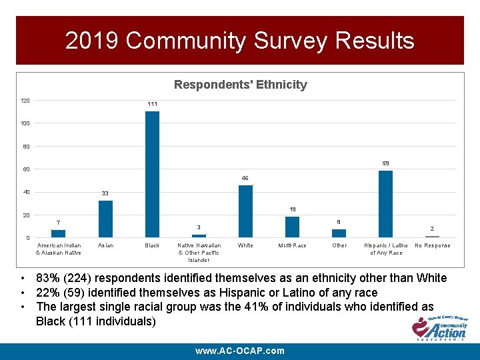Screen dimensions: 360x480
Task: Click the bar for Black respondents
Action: [x=152, y=173]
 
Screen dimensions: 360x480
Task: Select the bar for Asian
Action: [x=105, y=219]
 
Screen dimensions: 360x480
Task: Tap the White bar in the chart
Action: [x=245, y=211]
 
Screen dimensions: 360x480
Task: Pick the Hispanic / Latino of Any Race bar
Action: [x=385, y=203]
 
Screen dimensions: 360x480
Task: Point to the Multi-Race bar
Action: [x=292, y=227]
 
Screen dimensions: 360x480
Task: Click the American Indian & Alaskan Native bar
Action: [x=59, y=233]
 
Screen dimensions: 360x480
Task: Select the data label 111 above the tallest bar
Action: [x=152, y=105]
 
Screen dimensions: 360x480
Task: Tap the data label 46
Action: [x=245, y=179]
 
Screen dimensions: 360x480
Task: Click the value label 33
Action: [x=105, y=193]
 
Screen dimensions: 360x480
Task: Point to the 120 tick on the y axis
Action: [x=24, y=101]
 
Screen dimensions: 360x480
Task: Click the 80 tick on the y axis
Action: [x=24, y=147]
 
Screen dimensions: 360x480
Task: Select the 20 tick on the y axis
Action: [x=24, y=215]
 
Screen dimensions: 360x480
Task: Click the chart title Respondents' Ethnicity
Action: [x=240, y=85]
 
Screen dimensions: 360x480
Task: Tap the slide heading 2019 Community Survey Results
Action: [x=240, y=41]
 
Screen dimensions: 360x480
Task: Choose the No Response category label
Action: [x=432, y=245]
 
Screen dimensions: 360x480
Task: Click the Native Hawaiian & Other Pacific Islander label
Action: [x=199, y=253]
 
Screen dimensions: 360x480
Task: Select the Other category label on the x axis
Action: [x=339, y=245]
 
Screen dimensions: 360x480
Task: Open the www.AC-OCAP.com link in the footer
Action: [x=240, y=351]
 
